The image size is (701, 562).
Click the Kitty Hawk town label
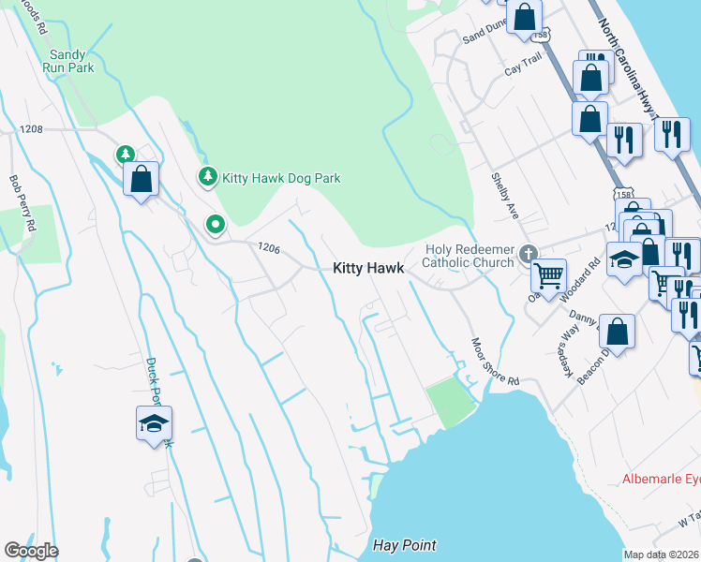tap(368, 268)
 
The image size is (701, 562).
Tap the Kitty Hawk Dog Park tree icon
tap(207, 176)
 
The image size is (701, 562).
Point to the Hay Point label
tap(405, 545)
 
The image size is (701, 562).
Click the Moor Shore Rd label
tap(495, 362)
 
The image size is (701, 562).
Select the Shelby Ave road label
tap(505, 197)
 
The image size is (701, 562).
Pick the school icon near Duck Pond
tap(154, 424)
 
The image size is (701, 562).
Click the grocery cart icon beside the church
tap(548, 276)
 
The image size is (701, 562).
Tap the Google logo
tap(31, 551)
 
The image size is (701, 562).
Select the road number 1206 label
tap(268, 247)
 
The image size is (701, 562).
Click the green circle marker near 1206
tap(216, 224)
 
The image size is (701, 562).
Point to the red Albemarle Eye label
tap(660, 479)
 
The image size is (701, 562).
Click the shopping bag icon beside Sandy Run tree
tap(141, 179)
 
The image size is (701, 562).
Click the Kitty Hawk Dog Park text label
tap(281, 177)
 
